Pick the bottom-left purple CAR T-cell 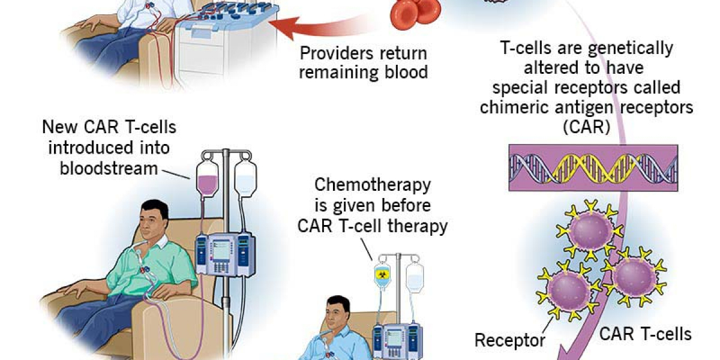click(x=568, y=289)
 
